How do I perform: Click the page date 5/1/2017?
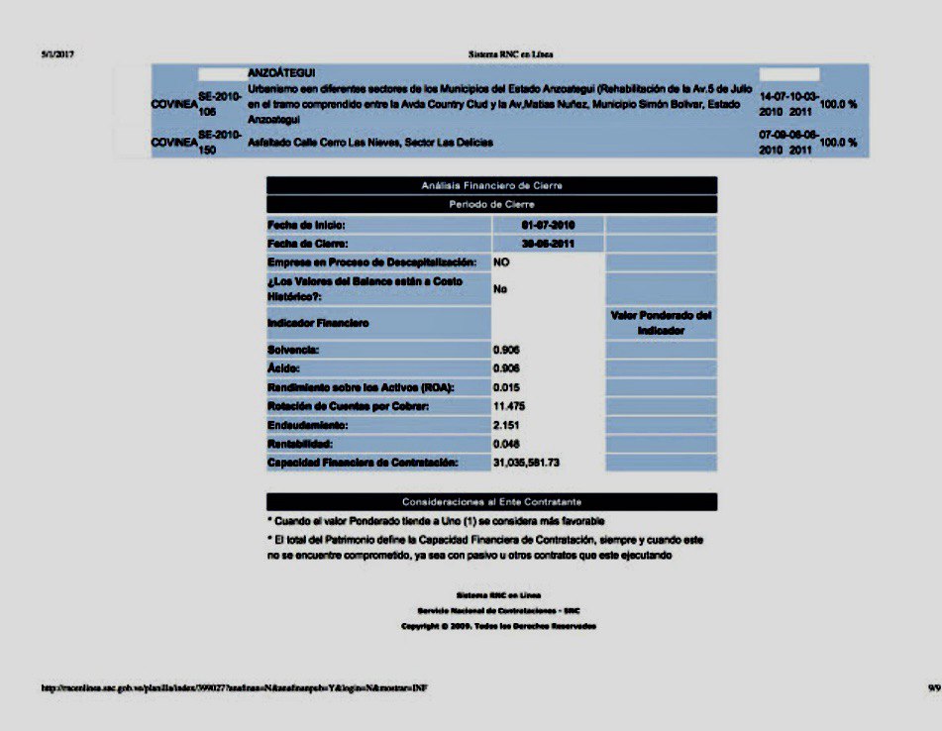coord(58,53)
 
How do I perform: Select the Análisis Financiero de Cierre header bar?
coord(491,185)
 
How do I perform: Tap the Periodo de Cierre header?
coord(491,204)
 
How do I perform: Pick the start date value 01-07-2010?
coord(548,225)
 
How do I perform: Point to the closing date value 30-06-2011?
coord(548,244)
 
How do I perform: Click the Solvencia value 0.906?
coord(506,350)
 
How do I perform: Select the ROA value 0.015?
coord(506,387)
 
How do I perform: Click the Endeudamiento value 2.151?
coord(506,425)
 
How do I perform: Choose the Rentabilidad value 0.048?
coord(506,444)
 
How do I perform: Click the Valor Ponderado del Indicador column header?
coord(661,323)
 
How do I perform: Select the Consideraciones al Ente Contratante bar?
coord(491,502)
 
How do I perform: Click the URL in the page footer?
coord(235,687)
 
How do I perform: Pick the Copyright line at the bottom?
coord(498,626)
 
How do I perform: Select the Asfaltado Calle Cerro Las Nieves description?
coord(370,143)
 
